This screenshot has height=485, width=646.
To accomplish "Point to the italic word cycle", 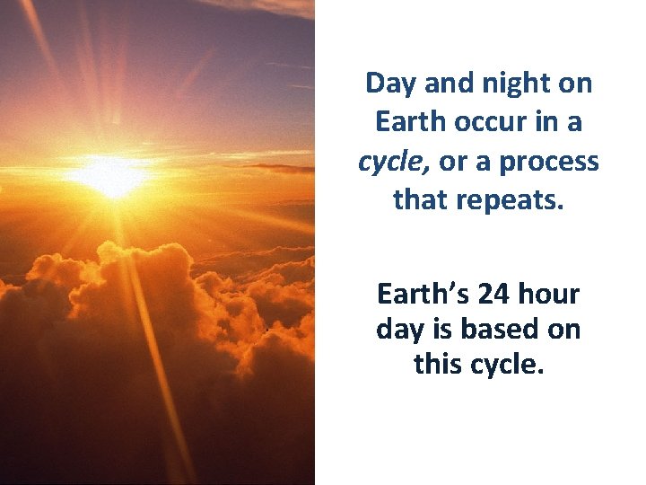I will [x=394, y=161].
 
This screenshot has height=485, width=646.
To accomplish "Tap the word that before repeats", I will [x=423, y=198].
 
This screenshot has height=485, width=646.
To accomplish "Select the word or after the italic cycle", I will [x=452, y=161].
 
